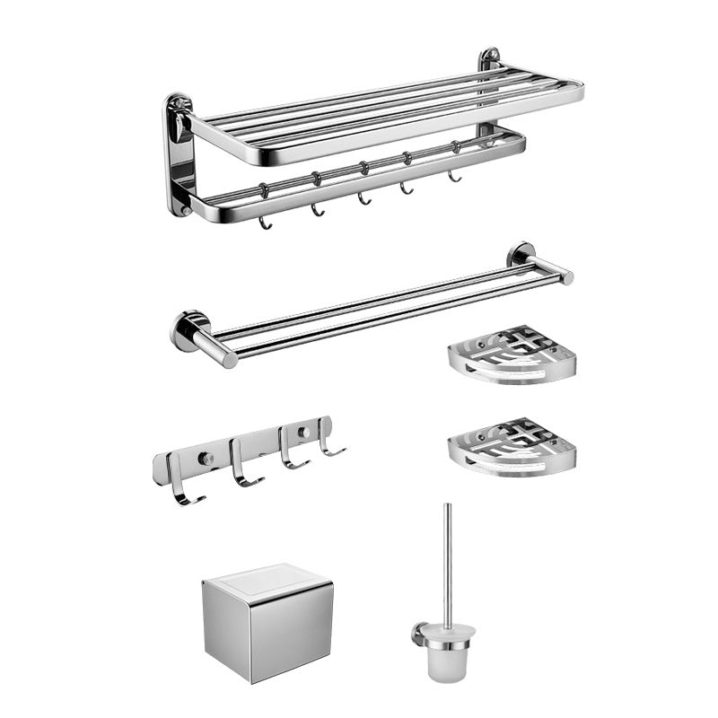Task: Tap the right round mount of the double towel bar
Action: (521, 255)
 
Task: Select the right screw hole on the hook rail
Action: (302, 433)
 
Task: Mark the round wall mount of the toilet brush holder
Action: (418, 633)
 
